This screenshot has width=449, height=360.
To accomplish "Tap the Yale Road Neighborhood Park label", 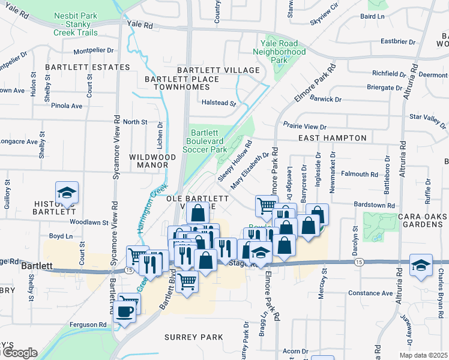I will click(283, 52).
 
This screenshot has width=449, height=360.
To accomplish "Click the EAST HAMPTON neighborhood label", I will click(333, 138).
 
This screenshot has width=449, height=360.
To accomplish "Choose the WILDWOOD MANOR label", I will click(152, 162).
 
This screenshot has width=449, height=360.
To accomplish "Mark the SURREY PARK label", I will click(190, 337).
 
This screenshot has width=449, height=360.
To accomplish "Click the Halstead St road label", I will click(219, 103).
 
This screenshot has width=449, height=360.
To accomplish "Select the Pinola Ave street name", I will click(67, 106).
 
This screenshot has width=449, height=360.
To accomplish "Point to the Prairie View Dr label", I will click(304, 127).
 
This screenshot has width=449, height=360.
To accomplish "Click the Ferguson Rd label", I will click(86, 325).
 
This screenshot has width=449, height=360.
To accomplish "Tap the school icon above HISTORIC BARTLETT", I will click(67, 193).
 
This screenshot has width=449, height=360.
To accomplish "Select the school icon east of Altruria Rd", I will click(421, 265).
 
